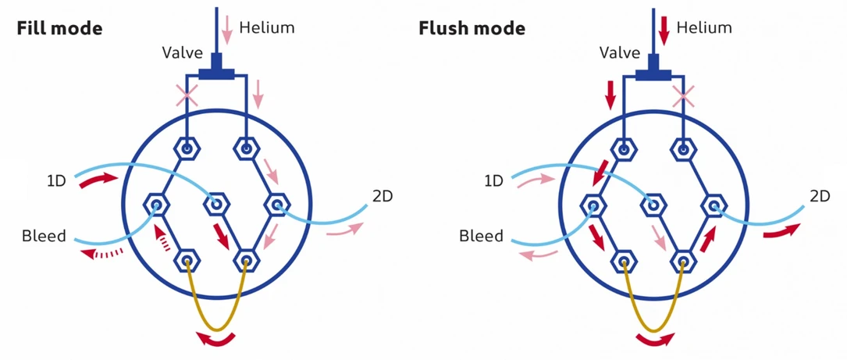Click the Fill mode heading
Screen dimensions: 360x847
pos(59,29)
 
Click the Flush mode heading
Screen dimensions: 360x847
pos(472,29)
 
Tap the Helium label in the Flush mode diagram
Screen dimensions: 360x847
pos(705,28)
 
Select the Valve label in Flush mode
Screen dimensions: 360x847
pos(620,54)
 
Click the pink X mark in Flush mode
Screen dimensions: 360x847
pos(684,97)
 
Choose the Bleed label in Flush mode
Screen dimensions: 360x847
pos(481,235)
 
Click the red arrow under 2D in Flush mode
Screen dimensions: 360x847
pos(781,230)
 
